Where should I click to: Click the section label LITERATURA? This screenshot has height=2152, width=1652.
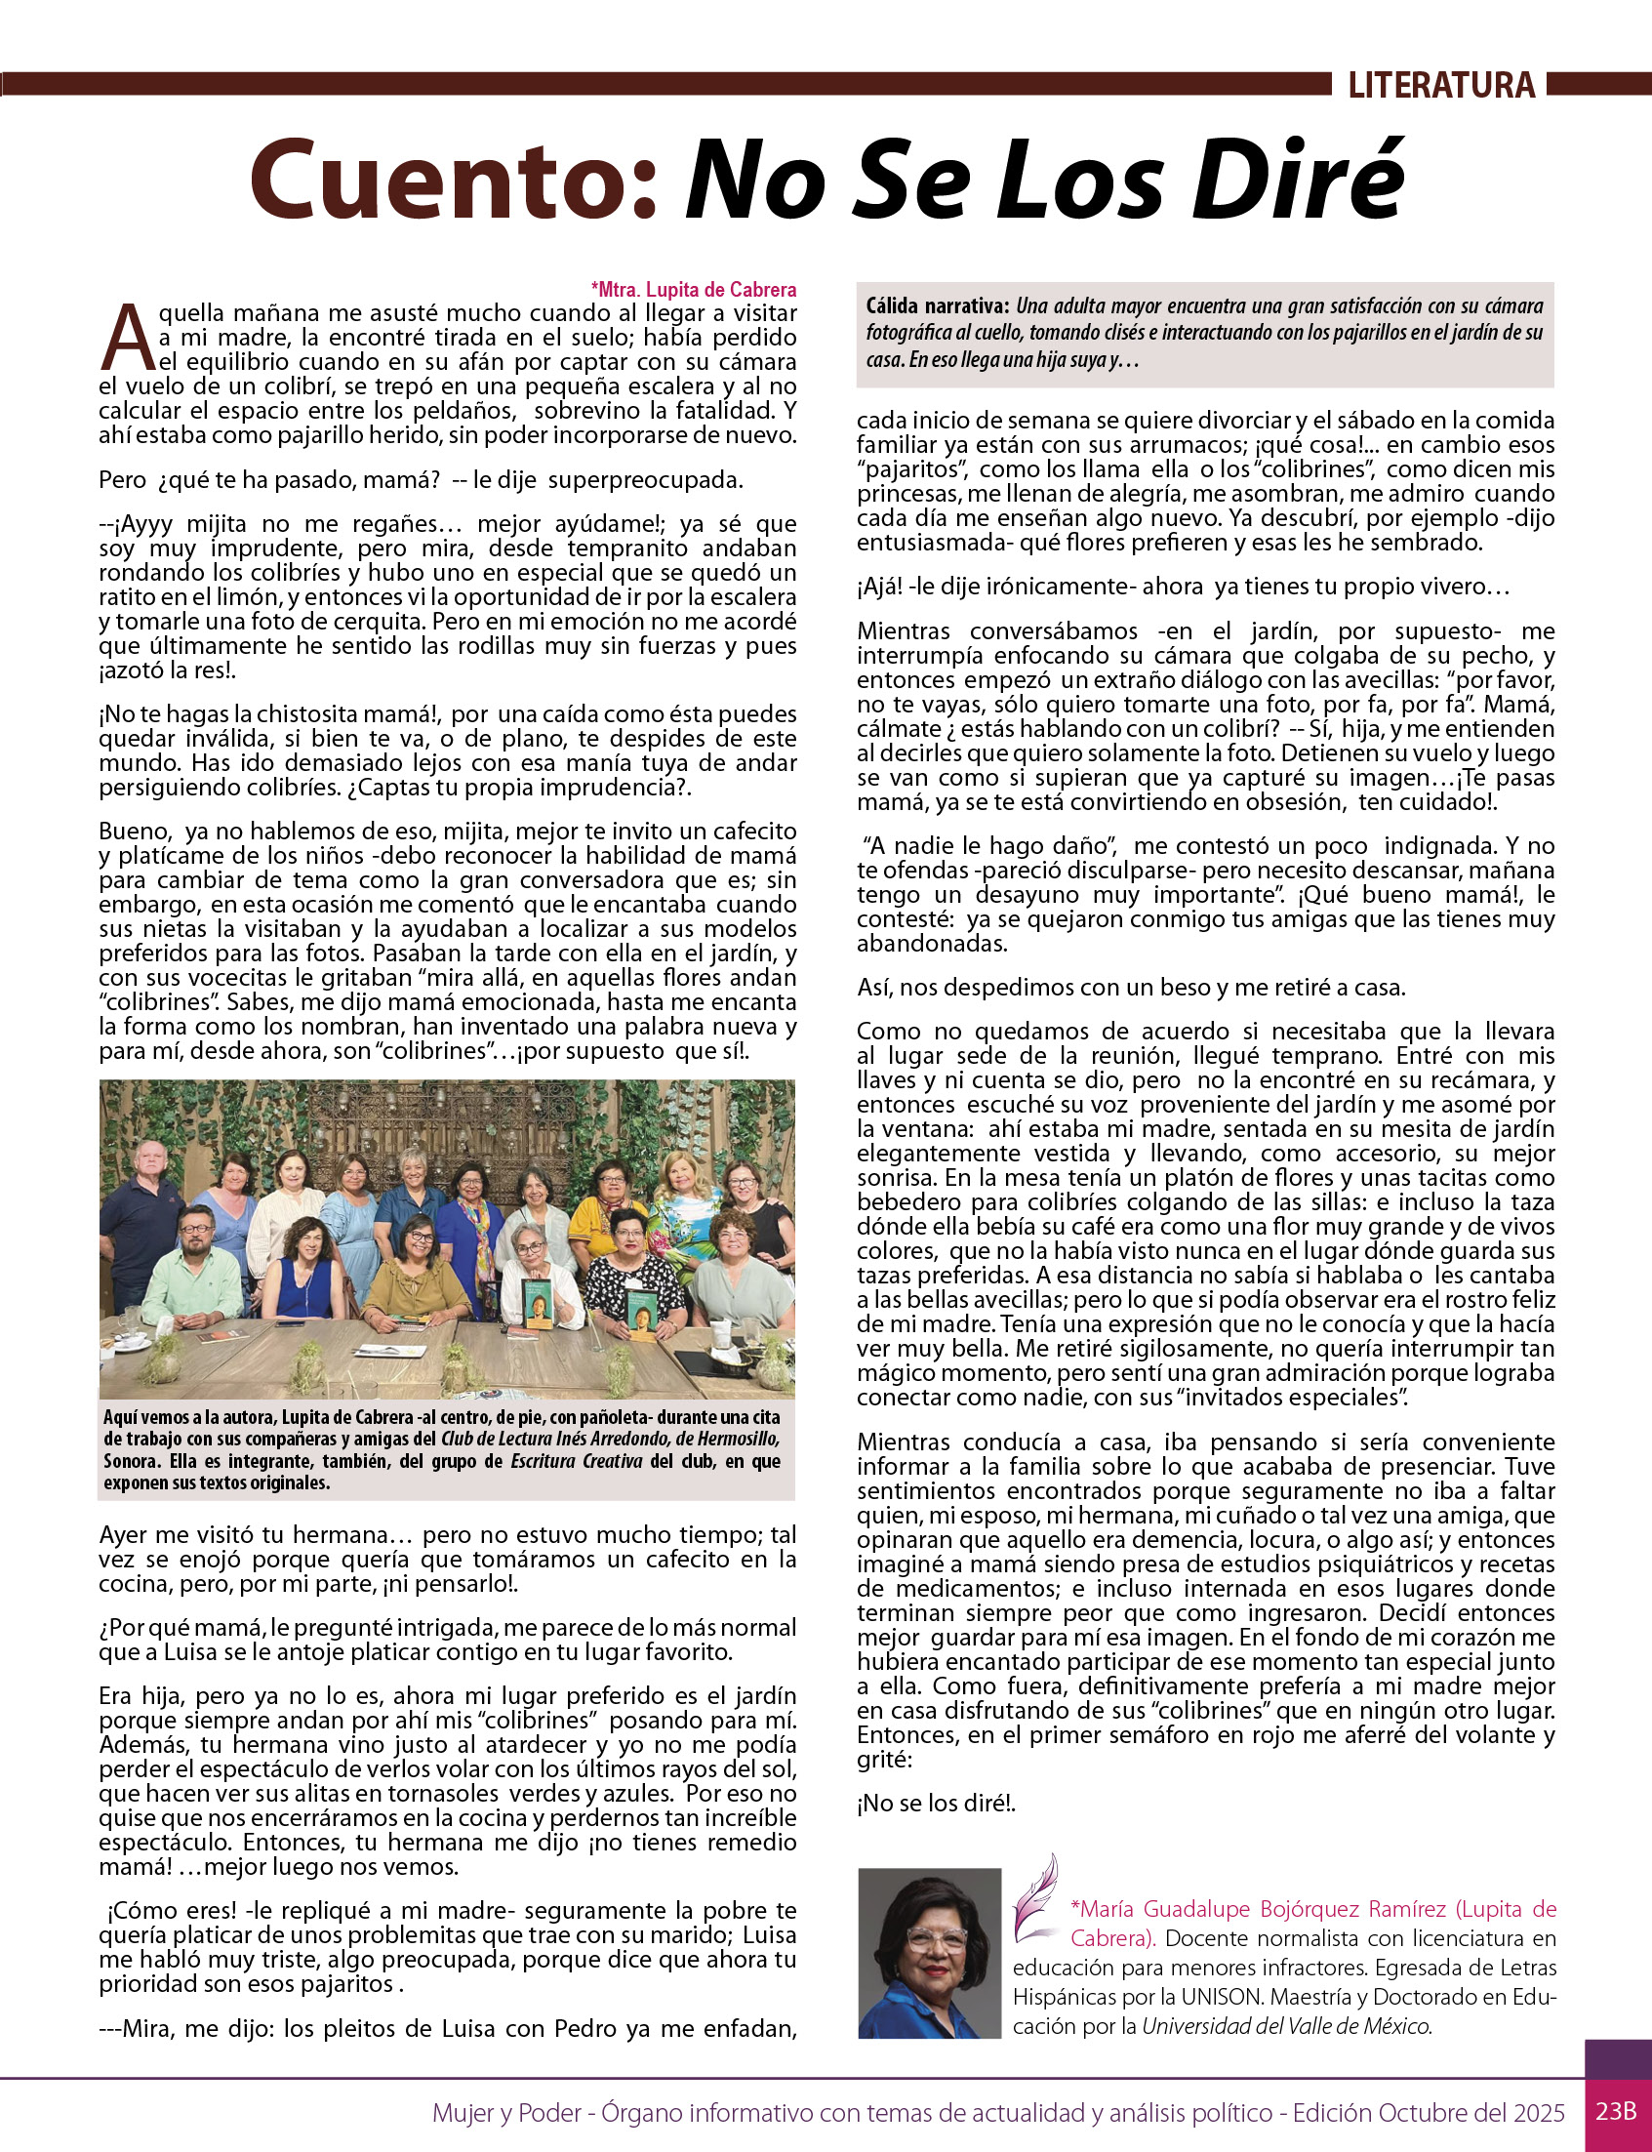(x=1440, y=86)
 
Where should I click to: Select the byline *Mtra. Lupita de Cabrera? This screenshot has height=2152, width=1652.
(x=693, y=289)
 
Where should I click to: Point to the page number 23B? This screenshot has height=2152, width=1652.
(x=1616, y=2111)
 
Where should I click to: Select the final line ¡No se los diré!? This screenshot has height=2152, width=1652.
(x=935, y=1803)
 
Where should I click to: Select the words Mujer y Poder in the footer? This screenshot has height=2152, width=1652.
(x=505, y=2112)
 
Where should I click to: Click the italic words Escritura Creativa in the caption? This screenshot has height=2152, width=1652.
(x=577, y=1462)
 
